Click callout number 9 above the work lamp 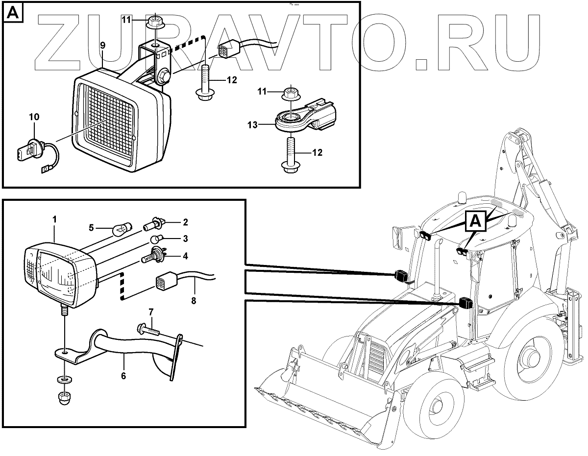coord(102,45)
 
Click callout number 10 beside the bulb coord(34,117)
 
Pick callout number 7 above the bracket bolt coord(151,312)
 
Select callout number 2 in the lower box coord(185,222)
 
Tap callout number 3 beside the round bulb coord(185,239)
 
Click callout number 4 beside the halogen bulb coord(185,256)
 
